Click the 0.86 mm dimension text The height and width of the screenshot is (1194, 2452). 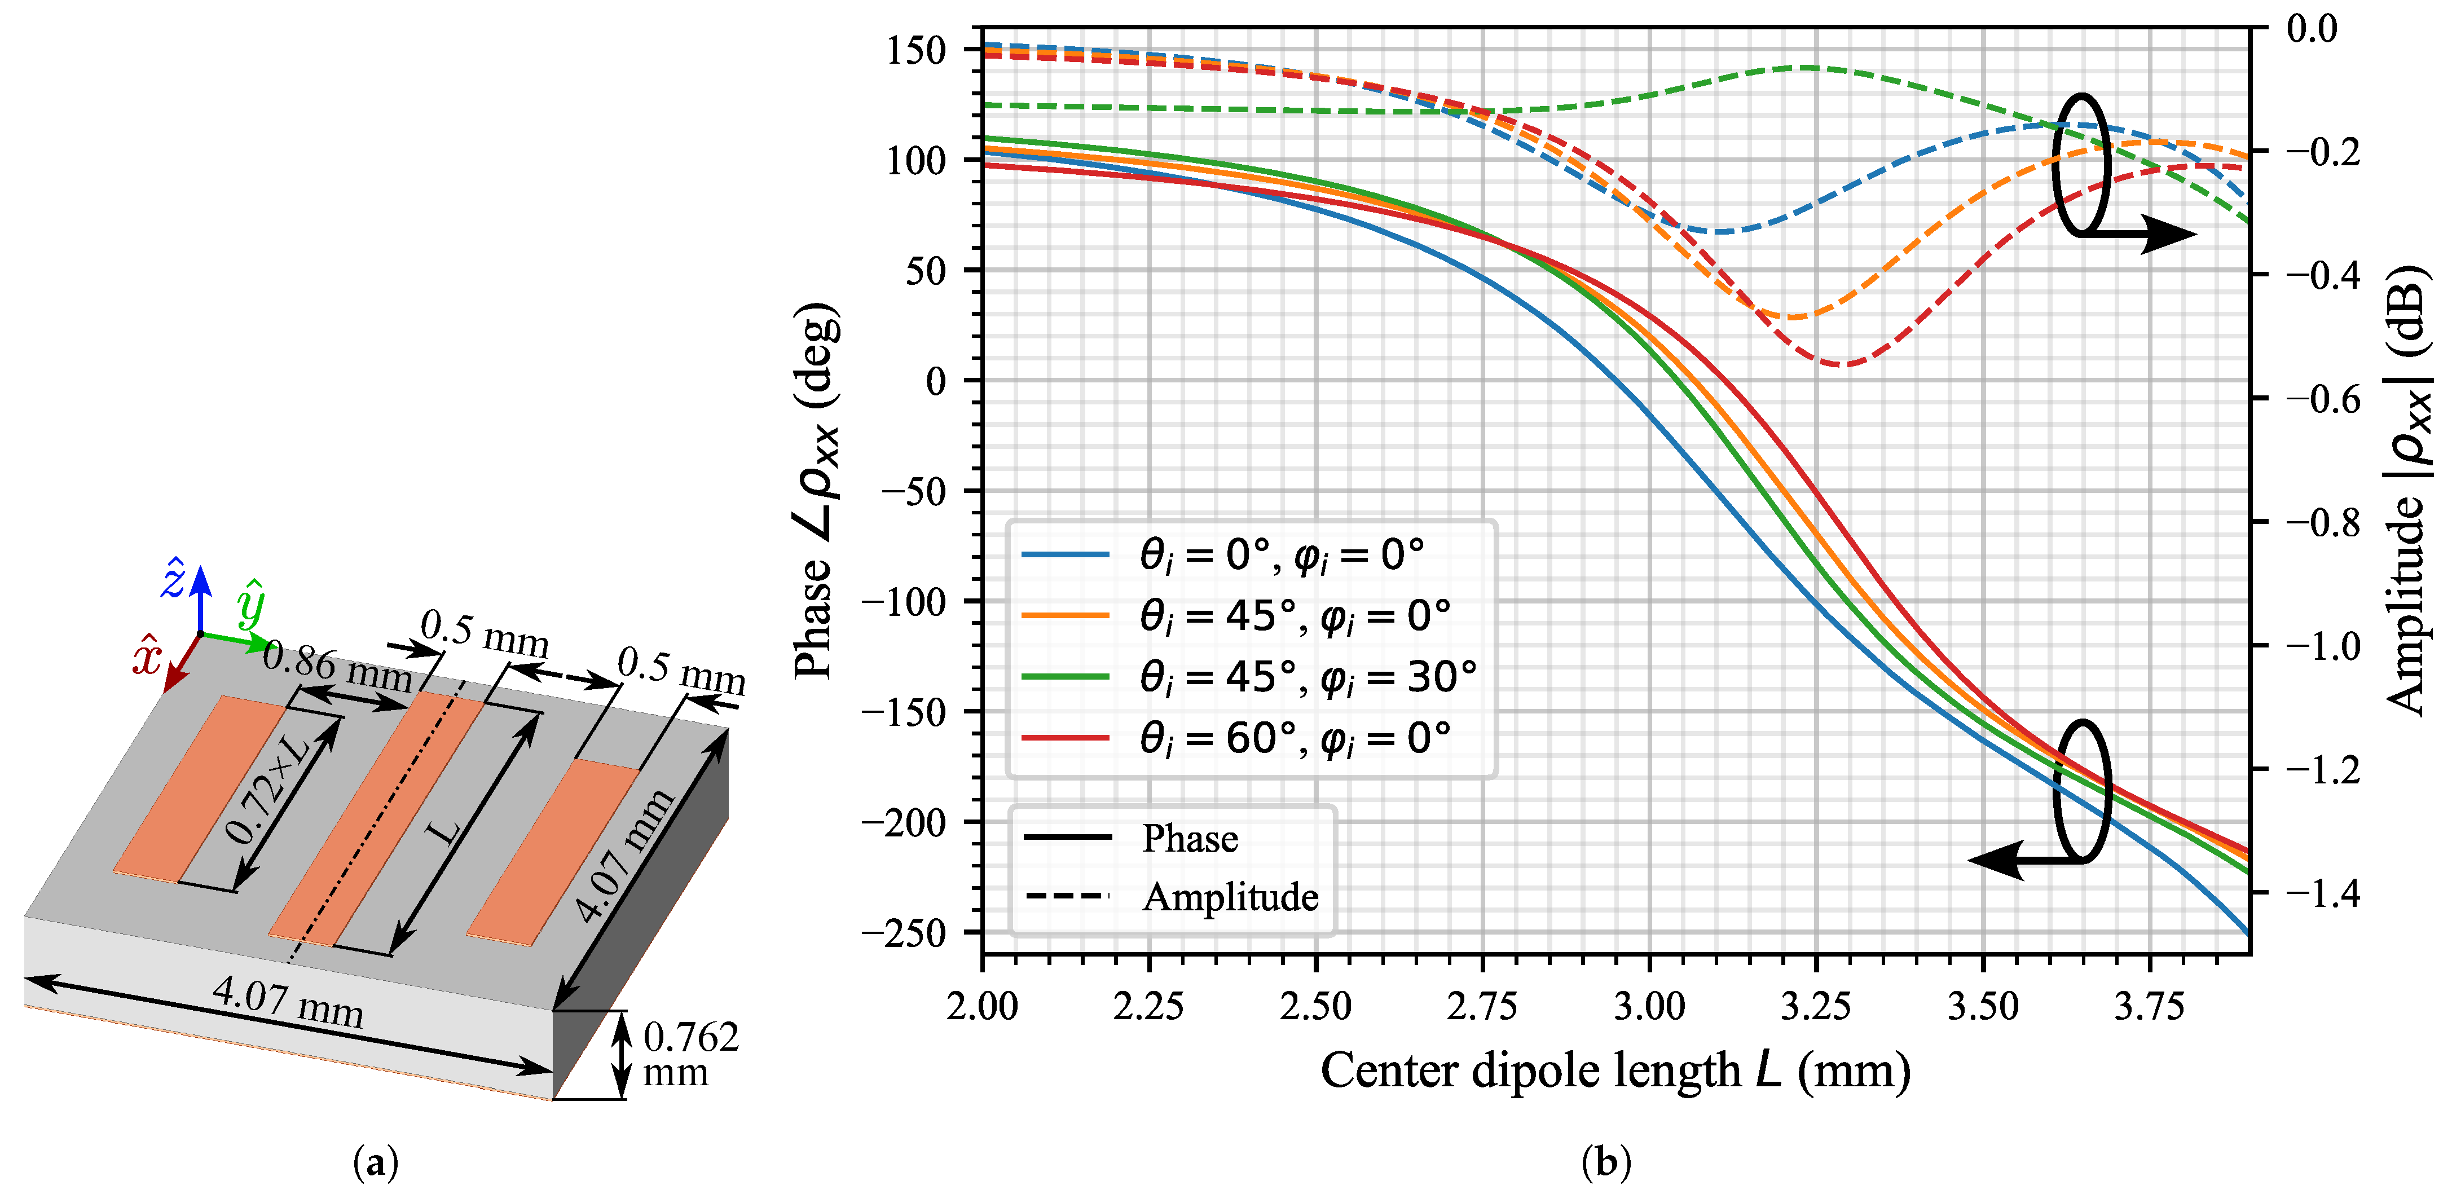pyautogui.click(x=337, y=666)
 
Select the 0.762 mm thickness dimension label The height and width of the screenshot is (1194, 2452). pyautogui.click(x=689, y=1054)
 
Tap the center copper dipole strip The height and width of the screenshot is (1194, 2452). pyautogui.click(x=376, y=818)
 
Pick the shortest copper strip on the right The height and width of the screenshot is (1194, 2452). pyautogui.click(x=553, y=852)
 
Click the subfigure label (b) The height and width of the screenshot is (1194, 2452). pyautogui.click(x=1606, y=1162)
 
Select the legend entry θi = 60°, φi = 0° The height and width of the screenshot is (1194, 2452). pyautogui.click(x=1295, y=738)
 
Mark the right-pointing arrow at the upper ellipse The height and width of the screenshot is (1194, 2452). pyautogui.click(x=2161, y=233)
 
